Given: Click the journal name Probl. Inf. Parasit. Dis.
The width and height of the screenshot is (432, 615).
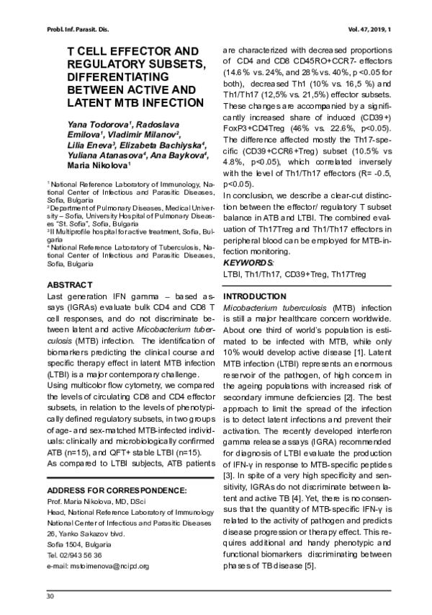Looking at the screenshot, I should pyautogui.click(x=69, y=29).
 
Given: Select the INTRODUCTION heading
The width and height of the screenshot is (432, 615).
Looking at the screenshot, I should pyautogui.click(x=253, y=297).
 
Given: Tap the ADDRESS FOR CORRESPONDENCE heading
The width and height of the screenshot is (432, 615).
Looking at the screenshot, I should pyautogui.click(x=116, y=491).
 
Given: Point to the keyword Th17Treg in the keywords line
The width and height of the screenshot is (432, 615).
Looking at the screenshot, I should pyautogui.click(x=345, y=275).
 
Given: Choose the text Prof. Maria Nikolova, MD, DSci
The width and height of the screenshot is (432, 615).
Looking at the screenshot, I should pyautogui.click(x=96, y=501).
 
